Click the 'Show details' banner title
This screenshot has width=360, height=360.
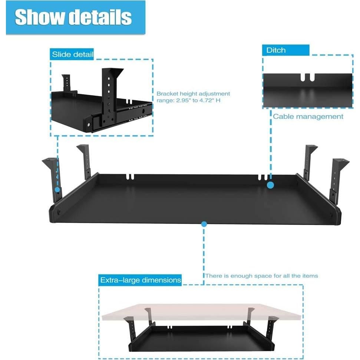73,17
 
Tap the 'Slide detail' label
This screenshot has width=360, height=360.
72,55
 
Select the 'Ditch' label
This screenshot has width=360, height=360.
276,50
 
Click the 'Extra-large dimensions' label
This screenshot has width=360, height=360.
141,280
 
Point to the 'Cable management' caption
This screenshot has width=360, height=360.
308,116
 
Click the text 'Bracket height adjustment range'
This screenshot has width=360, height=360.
193,97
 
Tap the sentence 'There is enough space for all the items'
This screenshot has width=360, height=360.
261,276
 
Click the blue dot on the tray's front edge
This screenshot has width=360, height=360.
204,224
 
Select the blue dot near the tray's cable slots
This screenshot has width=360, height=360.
271,185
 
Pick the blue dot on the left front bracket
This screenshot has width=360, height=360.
57,189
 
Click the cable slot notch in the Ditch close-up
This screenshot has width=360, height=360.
307,77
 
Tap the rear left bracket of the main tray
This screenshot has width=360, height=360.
85,159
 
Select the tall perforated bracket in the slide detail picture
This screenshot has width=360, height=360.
109,93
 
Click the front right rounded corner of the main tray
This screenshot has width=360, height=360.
337,219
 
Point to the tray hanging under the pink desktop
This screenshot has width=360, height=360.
202,339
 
